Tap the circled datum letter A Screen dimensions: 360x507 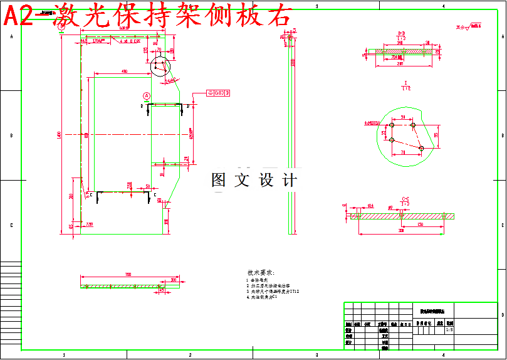pos(147,96)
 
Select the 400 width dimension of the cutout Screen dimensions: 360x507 pos(124,71)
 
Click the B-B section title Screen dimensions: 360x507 pos(401,33)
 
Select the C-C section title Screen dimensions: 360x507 pos(405,199)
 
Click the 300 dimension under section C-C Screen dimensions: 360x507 pos(401,231)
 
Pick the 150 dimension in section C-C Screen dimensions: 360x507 pos(419,224)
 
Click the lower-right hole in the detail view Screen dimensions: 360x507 pos(421,148)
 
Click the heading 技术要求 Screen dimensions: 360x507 pos(261,273)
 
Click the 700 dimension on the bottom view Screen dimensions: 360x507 pos(128,275)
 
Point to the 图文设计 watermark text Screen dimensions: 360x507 pos(254,181)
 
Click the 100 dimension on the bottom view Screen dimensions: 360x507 pos(174,280)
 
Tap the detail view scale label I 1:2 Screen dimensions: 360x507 pos(406,86)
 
